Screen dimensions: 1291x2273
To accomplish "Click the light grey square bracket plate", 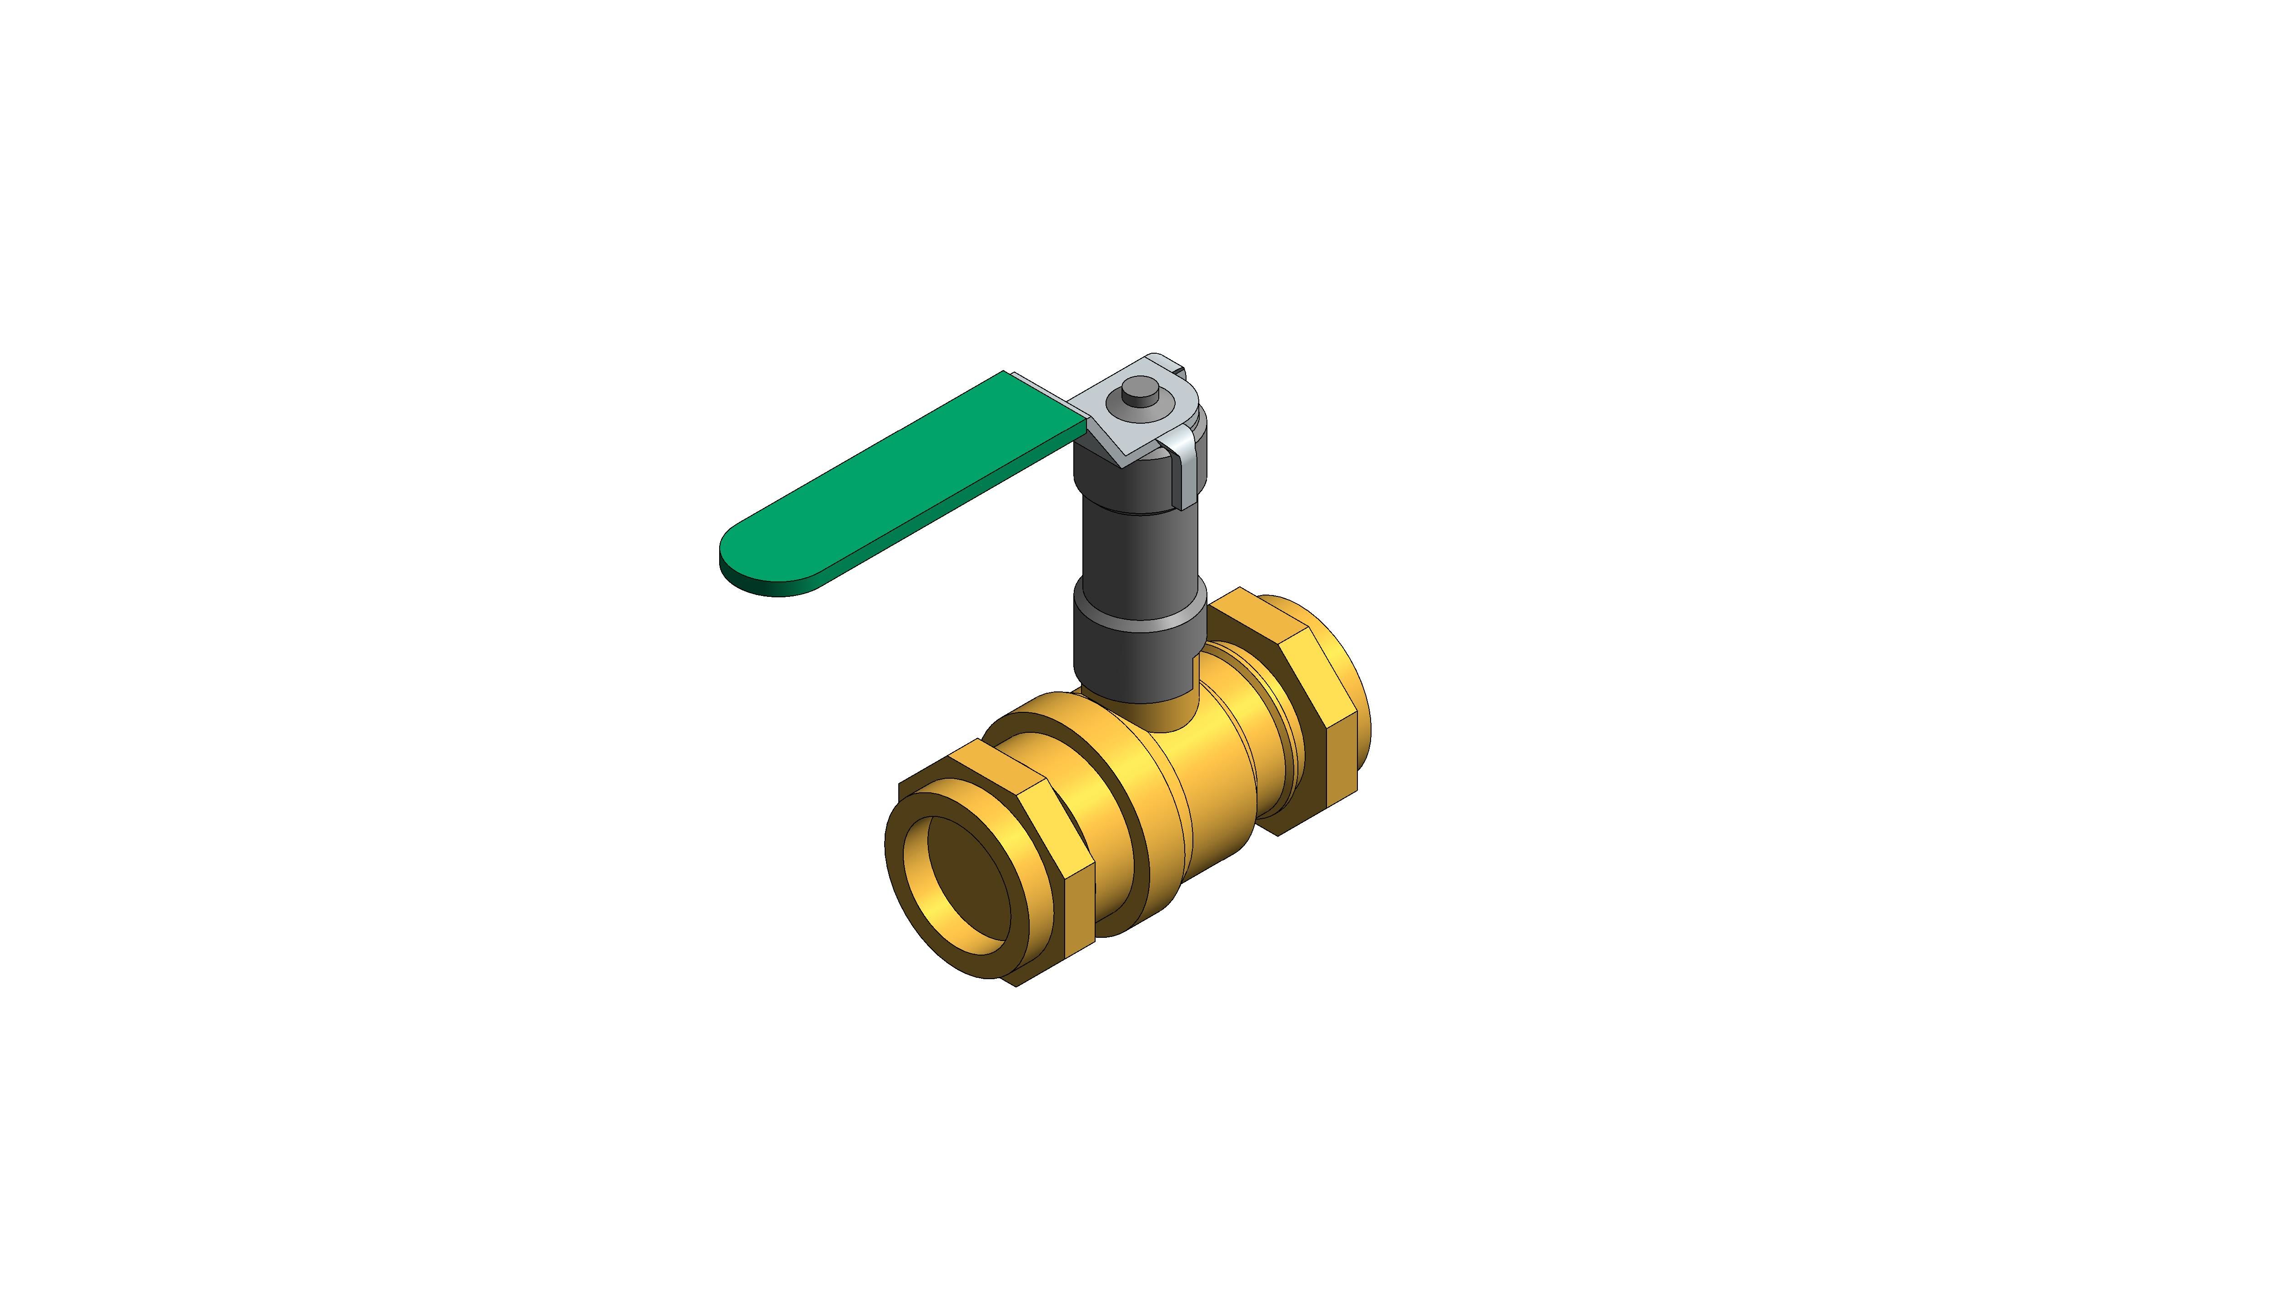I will point(1108,417).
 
